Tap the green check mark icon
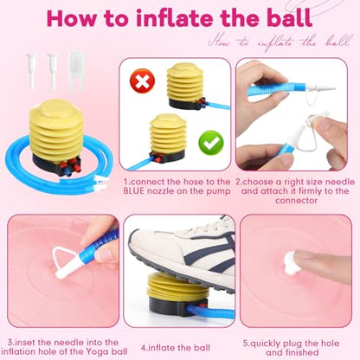click(211, 143)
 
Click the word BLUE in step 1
click(134, 191)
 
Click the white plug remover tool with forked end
click(76, 70)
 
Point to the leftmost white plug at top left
click(30, 71)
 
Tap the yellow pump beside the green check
click(168, 137)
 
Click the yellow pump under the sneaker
click(173, 293)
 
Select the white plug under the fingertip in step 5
click(292, 262)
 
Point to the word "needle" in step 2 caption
click(340, 182)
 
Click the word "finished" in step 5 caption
click(302, 352)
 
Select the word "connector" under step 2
click(296, 201)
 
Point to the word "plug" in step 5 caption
click(293, 344)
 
